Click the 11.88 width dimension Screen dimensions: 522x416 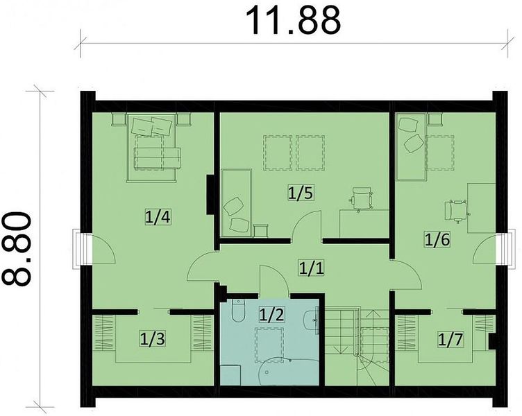point(294,21)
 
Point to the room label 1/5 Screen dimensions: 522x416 point(301,193)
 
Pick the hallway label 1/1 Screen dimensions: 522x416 point(311,268)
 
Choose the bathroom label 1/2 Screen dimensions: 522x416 point(271,314)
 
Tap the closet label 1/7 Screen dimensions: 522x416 point(450,340)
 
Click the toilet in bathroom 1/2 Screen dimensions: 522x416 point(238,310)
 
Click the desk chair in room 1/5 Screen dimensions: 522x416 point(361,198)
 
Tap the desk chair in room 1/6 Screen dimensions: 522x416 point(457,211)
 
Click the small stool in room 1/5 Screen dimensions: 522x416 point(261,230)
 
